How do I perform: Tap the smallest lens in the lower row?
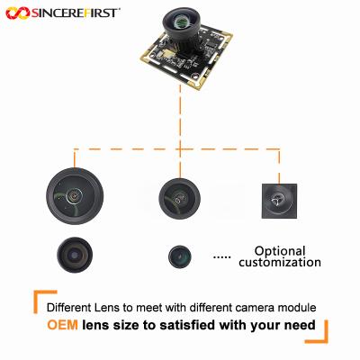coord(180,256)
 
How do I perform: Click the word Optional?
coord(280,251)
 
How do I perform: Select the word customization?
coord(279,263)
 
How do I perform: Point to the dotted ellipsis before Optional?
coord(221,257)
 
